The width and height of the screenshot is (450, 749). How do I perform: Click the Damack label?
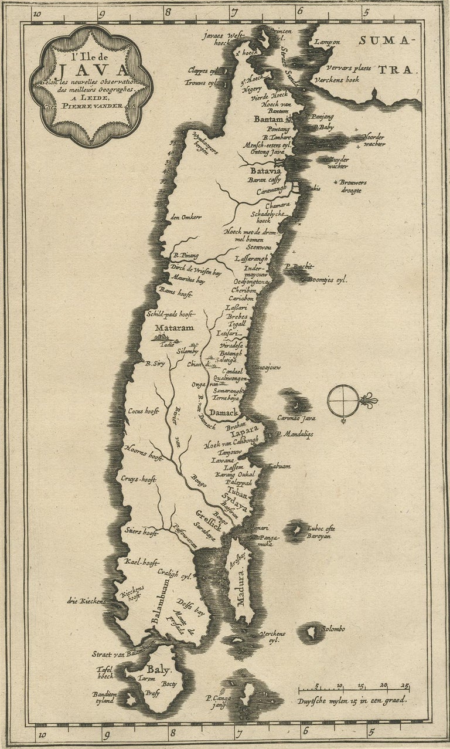(224, 413)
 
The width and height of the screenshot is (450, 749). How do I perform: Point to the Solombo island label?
(332, 629)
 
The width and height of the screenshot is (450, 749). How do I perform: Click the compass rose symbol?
(344, 401)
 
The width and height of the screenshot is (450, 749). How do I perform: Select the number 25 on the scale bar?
(405, 685)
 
